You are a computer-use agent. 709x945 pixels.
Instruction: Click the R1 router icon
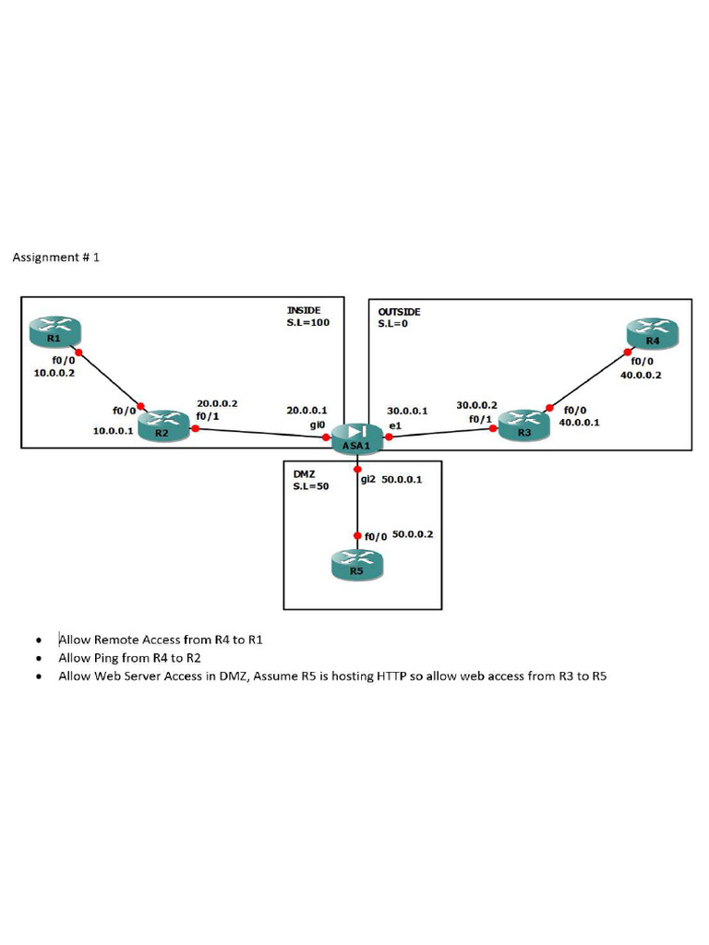pos(54,332)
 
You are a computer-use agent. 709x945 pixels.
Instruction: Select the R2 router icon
pos(163,426)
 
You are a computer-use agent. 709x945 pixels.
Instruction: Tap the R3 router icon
pos(524,425)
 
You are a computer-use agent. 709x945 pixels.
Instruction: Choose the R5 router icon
pos(357,565)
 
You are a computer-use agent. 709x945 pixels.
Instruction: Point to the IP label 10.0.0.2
pos(54,373)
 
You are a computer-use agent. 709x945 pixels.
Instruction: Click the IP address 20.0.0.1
pos(306,411)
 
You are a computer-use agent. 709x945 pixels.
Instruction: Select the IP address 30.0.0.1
pos(407,411)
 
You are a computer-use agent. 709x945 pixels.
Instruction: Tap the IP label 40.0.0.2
pos(641,375)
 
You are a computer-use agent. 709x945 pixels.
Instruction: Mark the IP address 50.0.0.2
pos(413,534)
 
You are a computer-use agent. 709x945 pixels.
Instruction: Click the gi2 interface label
pos(368,480)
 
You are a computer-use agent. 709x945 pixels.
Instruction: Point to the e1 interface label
pos(395,425)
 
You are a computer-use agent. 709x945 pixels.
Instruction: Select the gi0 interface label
pos(318,425)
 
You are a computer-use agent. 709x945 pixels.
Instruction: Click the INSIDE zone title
pos(304,310)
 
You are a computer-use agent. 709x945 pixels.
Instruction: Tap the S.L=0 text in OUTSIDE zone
pos(393,324)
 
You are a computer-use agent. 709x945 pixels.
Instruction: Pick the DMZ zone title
pos(305,474)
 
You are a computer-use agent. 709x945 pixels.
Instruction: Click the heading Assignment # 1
pos(56,257)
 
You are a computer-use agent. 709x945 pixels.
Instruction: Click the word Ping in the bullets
pos(106,658)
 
